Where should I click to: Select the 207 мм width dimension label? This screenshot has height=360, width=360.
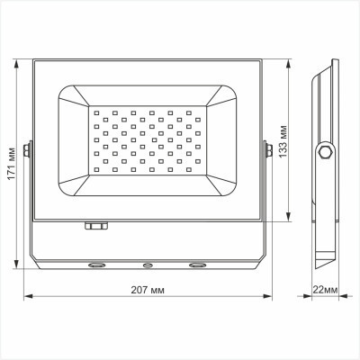(148, 291)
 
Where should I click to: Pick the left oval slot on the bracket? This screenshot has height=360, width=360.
(95, 265)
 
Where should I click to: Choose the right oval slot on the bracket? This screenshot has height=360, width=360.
(196, 265)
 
